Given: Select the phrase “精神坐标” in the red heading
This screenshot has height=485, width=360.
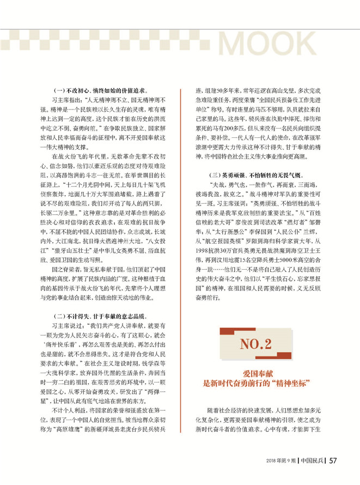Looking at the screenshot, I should click(289, 384).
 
